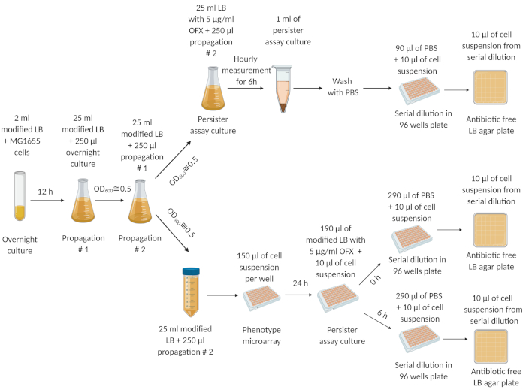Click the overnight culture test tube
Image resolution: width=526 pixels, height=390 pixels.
coord(20,196)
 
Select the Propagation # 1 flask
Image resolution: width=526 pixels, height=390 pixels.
coord(83,201)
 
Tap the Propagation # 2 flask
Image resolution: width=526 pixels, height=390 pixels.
coord(141,201)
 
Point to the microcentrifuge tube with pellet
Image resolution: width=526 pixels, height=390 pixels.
coord(283,89)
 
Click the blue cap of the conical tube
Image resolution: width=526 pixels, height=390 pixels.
coord(191,271)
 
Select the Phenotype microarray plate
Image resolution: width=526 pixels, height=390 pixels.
coord(261,298)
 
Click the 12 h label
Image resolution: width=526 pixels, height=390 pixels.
coord(45,192)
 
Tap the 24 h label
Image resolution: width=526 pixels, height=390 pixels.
coord(301,283)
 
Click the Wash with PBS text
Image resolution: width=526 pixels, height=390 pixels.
coord(343,87)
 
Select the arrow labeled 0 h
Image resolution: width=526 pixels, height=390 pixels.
coord(370,274)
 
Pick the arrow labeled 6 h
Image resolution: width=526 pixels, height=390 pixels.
coord(378,321)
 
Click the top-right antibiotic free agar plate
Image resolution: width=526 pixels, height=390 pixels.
coord(491,87)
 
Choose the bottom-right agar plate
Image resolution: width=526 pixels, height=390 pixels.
coord(491,346)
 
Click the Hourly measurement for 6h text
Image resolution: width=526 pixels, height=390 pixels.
coord(246,71)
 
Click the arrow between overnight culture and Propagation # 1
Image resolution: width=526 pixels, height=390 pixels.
coord(47,201)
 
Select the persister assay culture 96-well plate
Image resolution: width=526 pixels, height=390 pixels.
coord(338,298)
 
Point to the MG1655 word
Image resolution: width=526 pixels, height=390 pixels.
coord(25,141)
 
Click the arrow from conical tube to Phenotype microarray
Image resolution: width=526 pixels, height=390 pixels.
coord(222,295)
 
